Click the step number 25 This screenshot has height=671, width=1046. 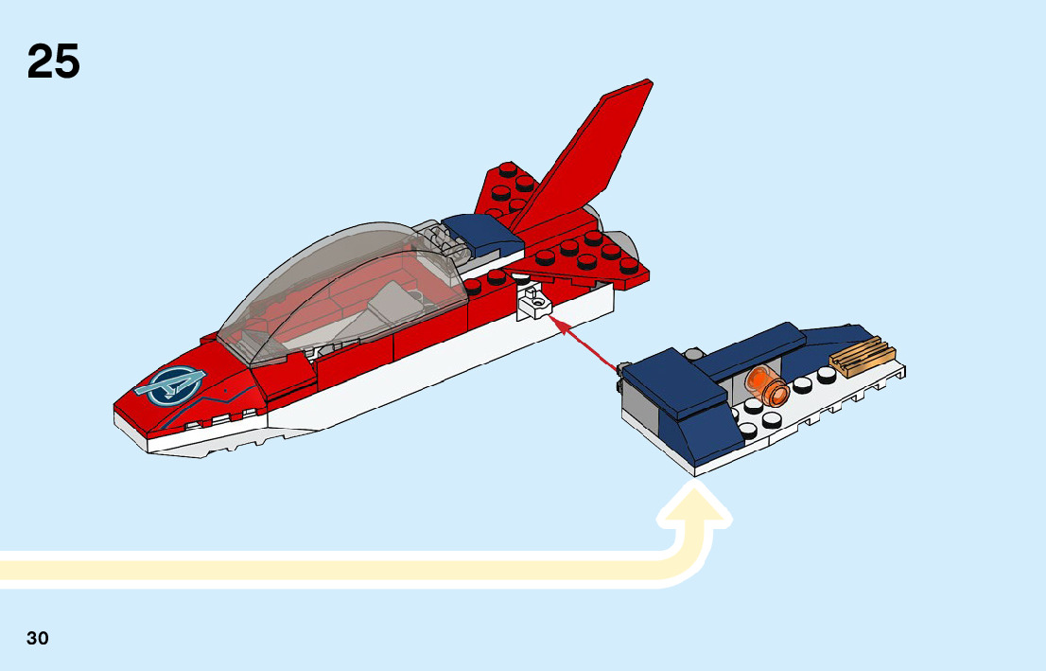[x=54, y=62]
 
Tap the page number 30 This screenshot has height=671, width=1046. [x=38, y=638]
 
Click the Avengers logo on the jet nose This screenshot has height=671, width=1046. [x=170, y=383]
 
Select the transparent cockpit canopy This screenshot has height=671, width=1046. [x=340, y=284]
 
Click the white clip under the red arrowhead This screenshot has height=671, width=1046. [x=533, y=302]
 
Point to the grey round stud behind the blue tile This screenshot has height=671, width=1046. [x=695, y=354]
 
